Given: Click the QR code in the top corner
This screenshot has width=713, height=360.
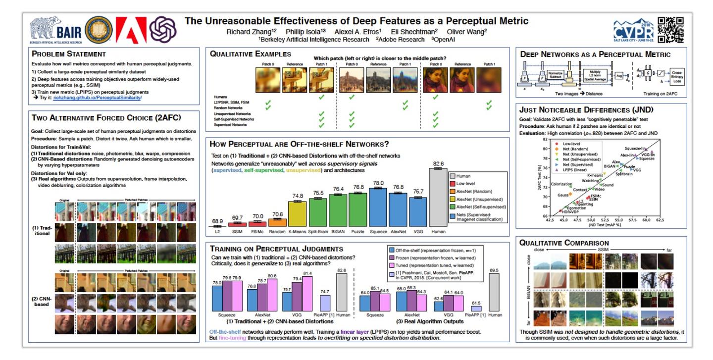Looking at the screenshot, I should (x=670, y=29).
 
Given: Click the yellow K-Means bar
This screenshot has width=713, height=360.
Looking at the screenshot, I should (x=297, y=213).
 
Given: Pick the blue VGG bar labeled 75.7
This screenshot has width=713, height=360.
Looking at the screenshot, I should (x=418, y=211).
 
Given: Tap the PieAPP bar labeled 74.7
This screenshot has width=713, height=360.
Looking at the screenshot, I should (x=325, y=303).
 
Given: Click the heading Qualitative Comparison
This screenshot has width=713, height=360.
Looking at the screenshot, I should (x=564, y=243).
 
